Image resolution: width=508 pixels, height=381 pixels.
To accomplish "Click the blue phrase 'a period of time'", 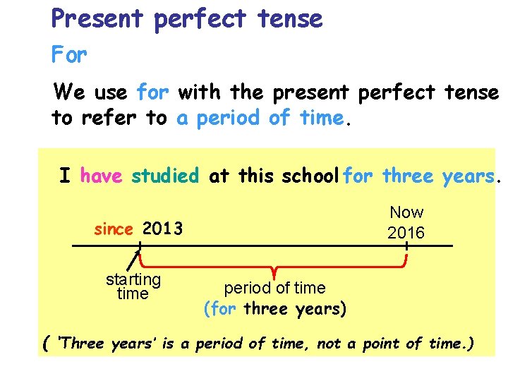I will coord(260,117).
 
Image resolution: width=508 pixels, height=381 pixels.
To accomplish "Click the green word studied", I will coord(166,175).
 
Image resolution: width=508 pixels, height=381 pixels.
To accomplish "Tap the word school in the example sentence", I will coord(311,175).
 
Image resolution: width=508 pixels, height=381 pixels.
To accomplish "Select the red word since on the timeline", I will coord(114,229).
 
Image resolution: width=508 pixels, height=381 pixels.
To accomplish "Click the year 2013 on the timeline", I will coord(162,229).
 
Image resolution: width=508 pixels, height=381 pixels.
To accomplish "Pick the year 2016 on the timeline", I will coord(406,233).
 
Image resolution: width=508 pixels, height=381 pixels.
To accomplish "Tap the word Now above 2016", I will coord(407,212).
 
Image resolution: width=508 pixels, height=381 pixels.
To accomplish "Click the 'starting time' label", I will coord(133,286).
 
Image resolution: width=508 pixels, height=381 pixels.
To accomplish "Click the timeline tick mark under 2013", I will coord(140,246).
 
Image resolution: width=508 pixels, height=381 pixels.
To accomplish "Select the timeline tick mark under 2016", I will coord(407,246).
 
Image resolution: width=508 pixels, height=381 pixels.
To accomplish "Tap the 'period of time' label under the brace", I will coord(274,288).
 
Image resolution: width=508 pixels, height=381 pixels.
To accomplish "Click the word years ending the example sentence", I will coord(469,175).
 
